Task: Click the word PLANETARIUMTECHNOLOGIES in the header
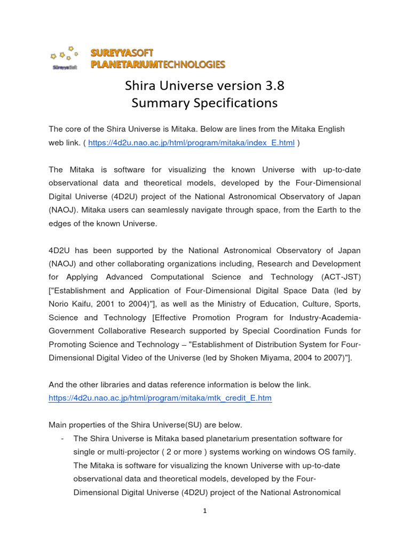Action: point(158,65)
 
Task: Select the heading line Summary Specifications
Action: point(204,103)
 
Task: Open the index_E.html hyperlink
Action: point(191,143)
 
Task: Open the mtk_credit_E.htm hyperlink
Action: point(160,398)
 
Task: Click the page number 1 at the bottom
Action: point(204,511)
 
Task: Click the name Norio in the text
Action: point(60,304)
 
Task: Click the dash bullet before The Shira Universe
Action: point(63,439)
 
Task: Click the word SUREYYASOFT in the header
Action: point(122,53)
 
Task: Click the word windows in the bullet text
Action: point(291,452)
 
